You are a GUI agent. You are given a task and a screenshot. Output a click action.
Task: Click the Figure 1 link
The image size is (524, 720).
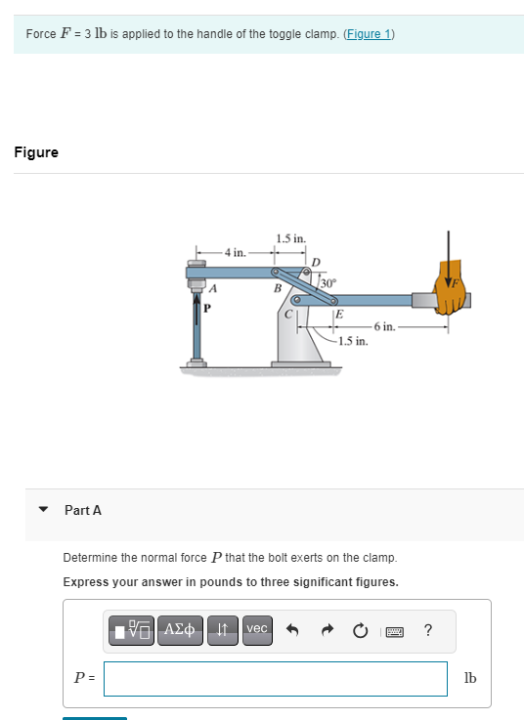click(x=369, y=34)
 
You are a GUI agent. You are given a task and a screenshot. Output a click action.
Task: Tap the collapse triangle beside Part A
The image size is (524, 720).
click(x=42, y=510)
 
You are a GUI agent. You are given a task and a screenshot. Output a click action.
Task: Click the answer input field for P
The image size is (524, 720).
click(x=275, y=679)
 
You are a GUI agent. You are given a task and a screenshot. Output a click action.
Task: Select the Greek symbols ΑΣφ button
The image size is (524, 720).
click(x=181, y=629)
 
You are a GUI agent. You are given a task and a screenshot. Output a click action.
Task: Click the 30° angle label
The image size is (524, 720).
click(x=327, y=283)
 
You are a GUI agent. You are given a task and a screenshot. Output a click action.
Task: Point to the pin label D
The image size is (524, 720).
click(x=315, y=262)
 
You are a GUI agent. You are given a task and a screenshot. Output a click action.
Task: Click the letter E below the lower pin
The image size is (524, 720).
click(x=338, y=315)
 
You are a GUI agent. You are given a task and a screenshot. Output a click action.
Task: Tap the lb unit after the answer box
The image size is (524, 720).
click(x=469, y=679)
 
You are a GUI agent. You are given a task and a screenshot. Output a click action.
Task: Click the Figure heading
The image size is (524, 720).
click(x=36, y=152)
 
